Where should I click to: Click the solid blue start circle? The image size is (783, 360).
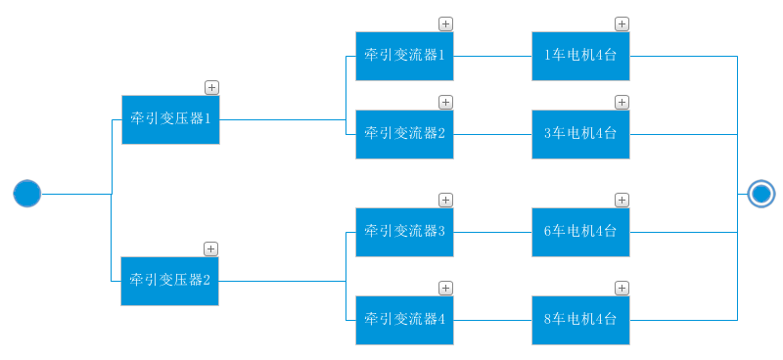(27, 194)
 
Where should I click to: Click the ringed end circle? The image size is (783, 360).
(760, 194)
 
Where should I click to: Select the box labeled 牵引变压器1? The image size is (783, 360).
(170, 119)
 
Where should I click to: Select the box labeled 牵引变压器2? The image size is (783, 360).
(169, 281)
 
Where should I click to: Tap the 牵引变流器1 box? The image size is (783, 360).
(404, 56)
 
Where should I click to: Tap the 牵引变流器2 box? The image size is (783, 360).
(404, 134)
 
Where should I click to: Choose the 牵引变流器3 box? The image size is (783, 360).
(404, 232)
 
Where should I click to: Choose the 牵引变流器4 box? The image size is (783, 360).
(404, 320)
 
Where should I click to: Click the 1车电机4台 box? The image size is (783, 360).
(580, 56)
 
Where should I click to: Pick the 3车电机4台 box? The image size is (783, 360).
(580, 134)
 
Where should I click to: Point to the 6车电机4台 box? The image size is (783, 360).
(580, 232)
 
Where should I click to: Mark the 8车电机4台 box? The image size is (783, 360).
(580, 320)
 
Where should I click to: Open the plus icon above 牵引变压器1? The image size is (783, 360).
(211, 87)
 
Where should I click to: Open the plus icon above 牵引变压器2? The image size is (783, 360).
(210, 248)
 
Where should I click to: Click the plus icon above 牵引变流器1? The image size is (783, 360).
(445, 23)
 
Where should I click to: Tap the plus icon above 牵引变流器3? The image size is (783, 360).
(445, 200)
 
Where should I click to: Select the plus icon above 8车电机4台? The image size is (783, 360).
(622, 288)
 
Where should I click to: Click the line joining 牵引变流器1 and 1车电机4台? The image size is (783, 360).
(492, 56)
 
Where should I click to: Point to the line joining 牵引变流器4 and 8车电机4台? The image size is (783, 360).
(492, 320)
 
